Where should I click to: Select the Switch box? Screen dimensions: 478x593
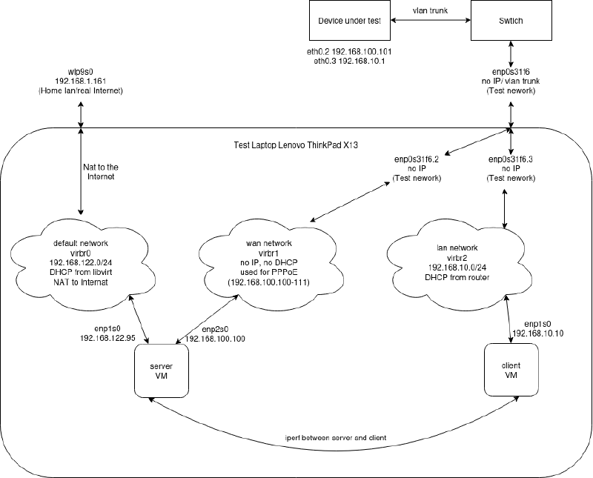tap(511, 21)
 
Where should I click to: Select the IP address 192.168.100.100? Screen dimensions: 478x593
tap(215, 338)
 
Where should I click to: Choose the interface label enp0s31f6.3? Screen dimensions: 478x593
tap(511, 159)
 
